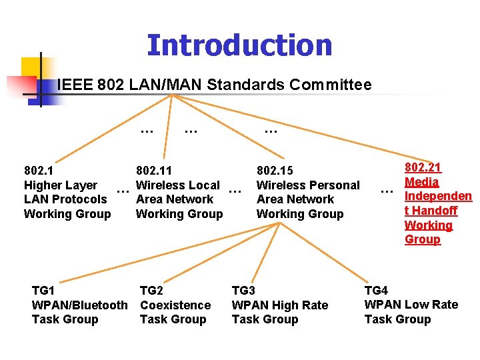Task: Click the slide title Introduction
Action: pyautogui.click(x=239, y=45)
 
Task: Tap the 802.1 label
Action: pyautogui.click(x=39, y=171)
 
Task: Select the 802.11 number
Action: pyautogui.click(x=154, y=171)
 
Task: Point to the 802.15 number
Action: pyautogui.click(x=275, y=171)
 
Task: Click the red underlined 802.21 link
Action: pyautogui.click(x=423, y=168)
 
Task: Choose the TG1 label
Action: pyautogui.click(x=43, y=291)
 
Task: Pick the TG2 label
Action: pyautogui.click(x=151, y=291)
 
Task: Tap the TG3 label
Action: pyautogui.click(x=243, y=291)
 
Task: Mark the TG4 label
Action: pyautogui.click(x=376, y=290)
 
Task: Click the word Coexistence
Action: pyautogui.click(x=175, y=305)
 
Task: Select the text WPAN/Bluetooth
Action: pyautogui.click(x=79, y=305)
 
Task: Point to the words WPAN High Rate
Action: pyautogui.click(x=280, y=305)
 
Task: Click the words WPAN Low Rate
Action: pyautogui.click(x=411, y=305)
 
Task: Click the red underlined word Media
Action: pyautogui.click(x=422, y=182)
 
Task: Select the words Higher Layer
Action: pyautogui.click(x=61, y=185)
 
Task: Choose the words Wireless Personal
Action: pyautogui.click(x=308, y=185)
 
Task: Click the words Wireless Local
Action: pyautogui.click(x=178, y=185)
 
